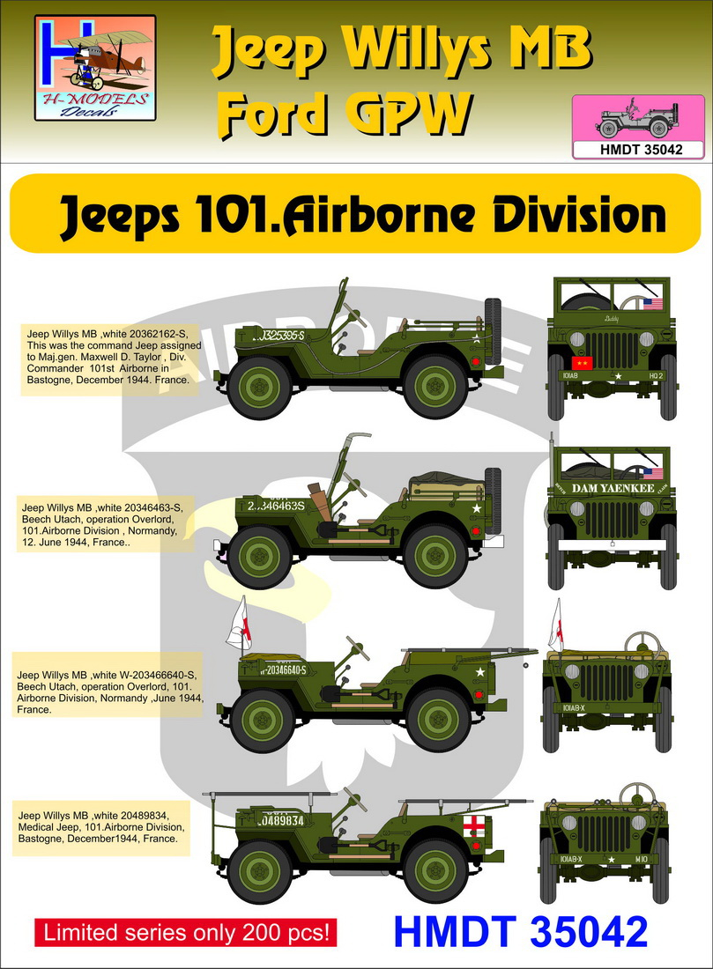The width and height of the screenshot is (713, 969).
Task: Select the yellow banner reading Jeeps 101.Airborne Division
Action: [356, 213]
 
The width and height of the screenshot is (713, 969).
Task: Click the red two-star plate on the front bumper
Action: [581, 362]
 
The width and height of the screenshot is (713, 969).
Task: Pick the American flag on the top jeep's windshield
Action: [651, 306]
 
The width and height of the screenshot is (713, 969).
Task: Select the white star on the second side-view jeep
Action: [477, 508]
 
